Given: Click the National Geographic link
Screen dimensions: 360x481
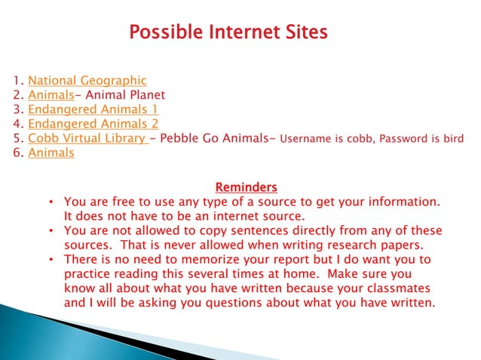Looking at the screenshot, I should (x=87, y=81).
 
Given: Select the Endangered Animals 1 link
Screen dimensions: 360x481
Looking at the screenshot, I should (x=93, y=109).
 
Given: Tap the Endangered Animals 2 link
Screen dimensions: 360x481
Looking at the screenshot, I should (x=93, y=124).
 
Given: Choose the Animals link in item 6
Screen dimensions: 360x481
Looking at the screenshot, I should (x=51, y=153).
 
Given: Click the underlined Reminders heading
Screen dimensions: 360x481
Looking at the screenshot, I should (x=246, y=187).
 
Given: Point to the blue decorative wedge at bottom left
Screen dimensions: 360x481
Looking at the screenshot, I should (x=53, y=331).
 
